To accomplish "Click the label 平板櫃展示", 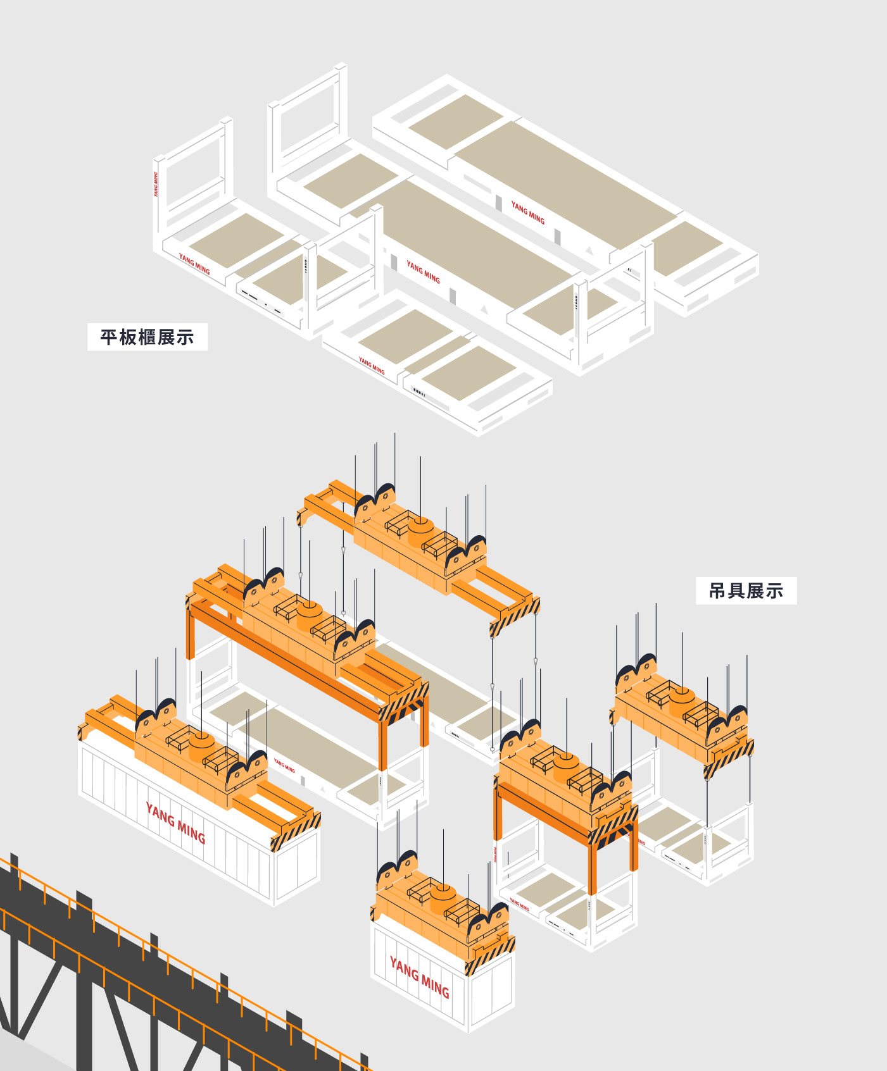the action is point(147,337).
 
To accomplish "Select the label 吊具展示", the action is point(746,591).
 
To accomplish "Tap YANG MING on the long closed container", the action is point(175,823).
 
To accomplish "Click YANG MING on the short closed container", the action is point(419,977).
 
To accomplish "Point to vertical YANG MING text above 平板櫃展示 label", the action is point(156,184).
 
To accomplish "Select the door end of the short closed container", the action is point(491,993).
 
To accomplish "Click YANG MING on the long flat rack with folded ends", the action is point(527,213).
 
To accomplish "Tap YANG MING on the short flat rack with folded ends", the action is point(372,366).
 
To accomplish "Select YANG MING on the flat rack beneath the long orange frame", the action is point(284,766).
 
